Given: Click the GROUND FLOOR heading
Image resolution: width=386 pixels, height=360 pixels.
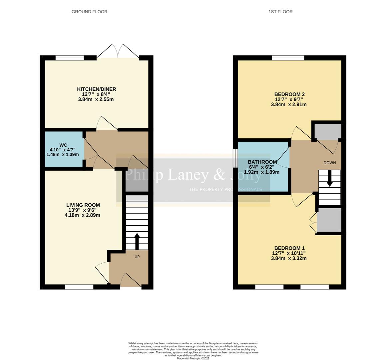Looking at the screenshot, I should point(89,12).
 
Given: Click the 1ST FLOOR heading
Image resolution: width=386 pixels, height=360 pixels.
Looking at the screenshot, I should point(280,12).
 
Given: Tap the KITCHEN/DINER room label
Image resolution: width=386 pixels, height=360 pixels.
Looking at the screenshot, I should point(96,89).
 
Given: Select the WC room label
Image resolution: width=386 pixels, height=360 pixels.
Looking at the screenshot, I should point(63,145).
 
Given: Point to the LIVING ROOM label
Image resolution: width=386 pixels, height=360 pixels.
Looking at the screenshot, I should point(83,205).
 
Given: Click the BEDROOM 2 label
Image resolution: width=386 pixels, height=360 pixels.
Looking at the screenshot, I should point(289,94).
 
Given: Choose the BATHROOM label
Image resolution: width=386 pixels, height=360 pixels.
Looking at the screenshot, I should point(262,162).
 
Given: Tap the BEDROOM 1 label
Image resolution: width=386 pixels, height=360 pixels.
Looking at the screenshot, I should point(289,248).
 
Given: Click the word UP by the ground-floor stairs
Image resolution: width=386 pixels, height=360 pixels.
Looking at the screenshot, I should point(137,257).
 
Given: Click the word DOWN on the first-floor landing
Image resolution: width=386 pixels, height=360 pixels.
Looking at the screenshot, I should point(329,163).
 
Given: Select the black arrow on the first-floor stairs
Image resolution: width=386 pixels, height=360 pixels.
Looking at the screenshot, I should point(330,178).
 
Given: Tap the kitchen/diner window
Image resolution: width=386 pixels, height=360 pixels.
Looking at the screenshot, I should point(70,58).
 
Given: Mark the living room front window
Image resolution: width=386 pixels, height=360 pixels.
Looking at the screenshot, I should point(79,286).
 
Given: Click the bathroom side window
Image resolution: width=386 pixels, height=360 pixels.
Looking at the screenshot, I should point(235,157).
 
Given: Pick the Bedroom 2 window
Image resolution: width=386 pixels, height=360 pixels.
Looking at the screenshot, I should point(288,58).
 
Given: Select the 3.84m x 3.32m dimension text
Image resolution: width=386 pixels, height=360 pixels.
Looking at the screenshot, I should point(289,258).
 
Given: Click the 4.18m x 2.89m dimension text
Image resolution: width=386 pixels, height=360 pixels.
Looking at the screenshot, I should point(82,215).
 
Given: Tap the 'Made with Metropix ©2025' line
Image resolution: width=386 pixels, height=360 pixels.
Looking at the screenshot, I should point(193,358).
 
